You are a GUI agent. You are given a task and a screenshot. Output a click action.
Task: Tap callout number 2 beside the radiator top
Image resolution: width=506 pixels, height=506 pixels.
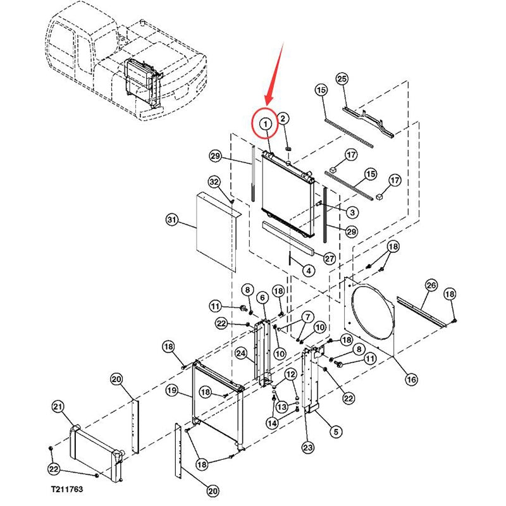[284, 118]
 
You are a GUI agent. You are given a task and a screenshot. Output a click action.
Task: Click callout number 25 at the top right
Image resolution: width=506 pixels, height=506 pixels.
[342, 79]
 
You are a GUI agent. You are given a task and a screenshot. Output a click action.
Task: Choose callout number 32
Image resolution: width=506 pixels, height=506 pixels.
[214, 183]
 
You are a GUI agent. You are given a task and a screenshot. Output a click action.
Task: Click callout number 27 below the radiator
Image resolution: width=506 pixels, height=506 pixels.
[329, 258]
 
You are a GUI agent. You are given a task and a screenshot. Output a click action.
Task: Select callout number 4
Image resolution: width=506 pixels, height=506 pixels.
[309, 271]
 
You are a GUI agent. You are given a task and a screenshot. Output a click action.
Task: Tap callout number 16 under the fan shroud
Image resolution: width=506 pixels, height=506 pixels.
[412, 379]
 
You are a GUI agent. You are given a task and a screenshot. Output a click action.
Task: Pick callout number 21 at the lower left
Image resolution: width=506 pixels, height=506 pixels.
[58, 406]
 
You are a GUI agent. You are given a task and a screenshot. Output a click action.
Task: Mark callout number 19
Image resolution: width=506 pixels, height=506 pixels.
[171, 391]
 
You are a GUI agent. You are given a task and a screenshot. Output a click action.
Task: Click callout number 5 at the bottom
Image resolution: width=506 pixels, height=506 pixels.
[335, 431]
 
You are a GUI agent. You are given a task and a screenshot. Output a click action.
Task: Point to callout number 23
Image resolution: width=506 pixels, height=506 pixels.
[307, 448]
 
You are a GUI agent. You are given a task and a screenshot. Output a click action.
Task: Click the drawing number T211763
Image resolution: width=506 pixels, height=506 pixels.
[67, 490]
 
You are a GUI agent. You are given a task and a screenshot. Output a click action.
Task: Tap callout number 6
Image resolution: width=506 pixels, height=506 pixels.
[262, 298]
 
